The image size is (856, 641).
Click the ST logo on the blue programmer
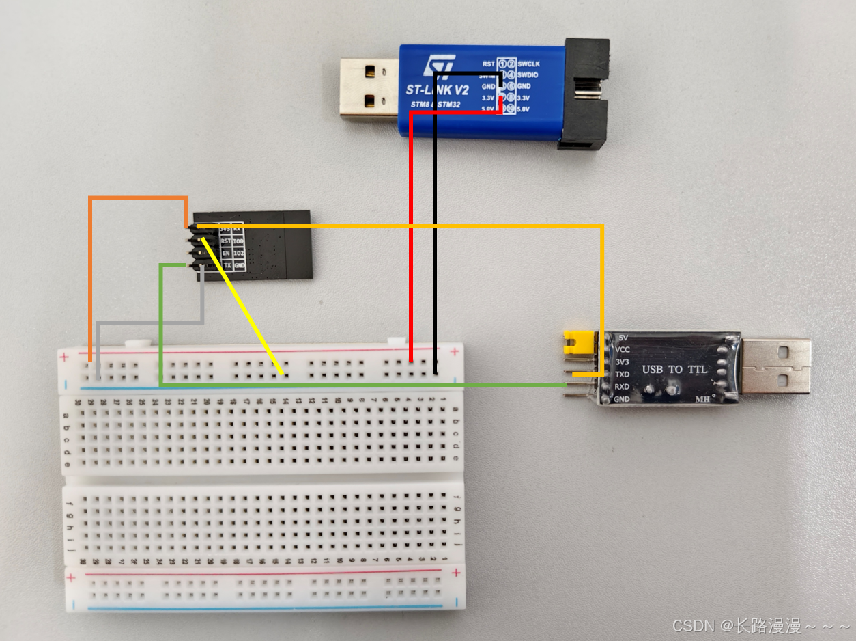[434, 66]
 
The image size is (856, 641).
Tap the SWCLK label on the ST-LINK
[530, 64]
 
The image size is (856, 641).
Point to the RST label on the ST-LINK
[488, 64]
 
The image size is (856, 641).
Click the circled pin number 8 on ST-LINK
[511, 98]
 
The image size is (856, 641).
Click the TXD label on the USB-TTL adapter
[622, 374]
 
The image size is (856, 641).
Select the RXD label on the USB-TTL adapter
[622, 387]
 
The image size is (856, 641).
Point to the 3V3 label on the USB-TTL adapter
[622, 362]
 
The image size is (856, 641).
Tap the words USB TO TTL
[674, 370]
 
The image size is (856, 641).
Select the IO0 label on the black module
[238, 241]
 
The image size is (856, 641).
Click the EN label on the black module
[225, 254]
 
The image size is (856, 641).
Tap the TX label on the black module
[227, 265]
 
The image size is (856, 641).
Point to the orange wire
[90, 273]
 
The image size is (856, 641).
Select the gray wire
[150, 321]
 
